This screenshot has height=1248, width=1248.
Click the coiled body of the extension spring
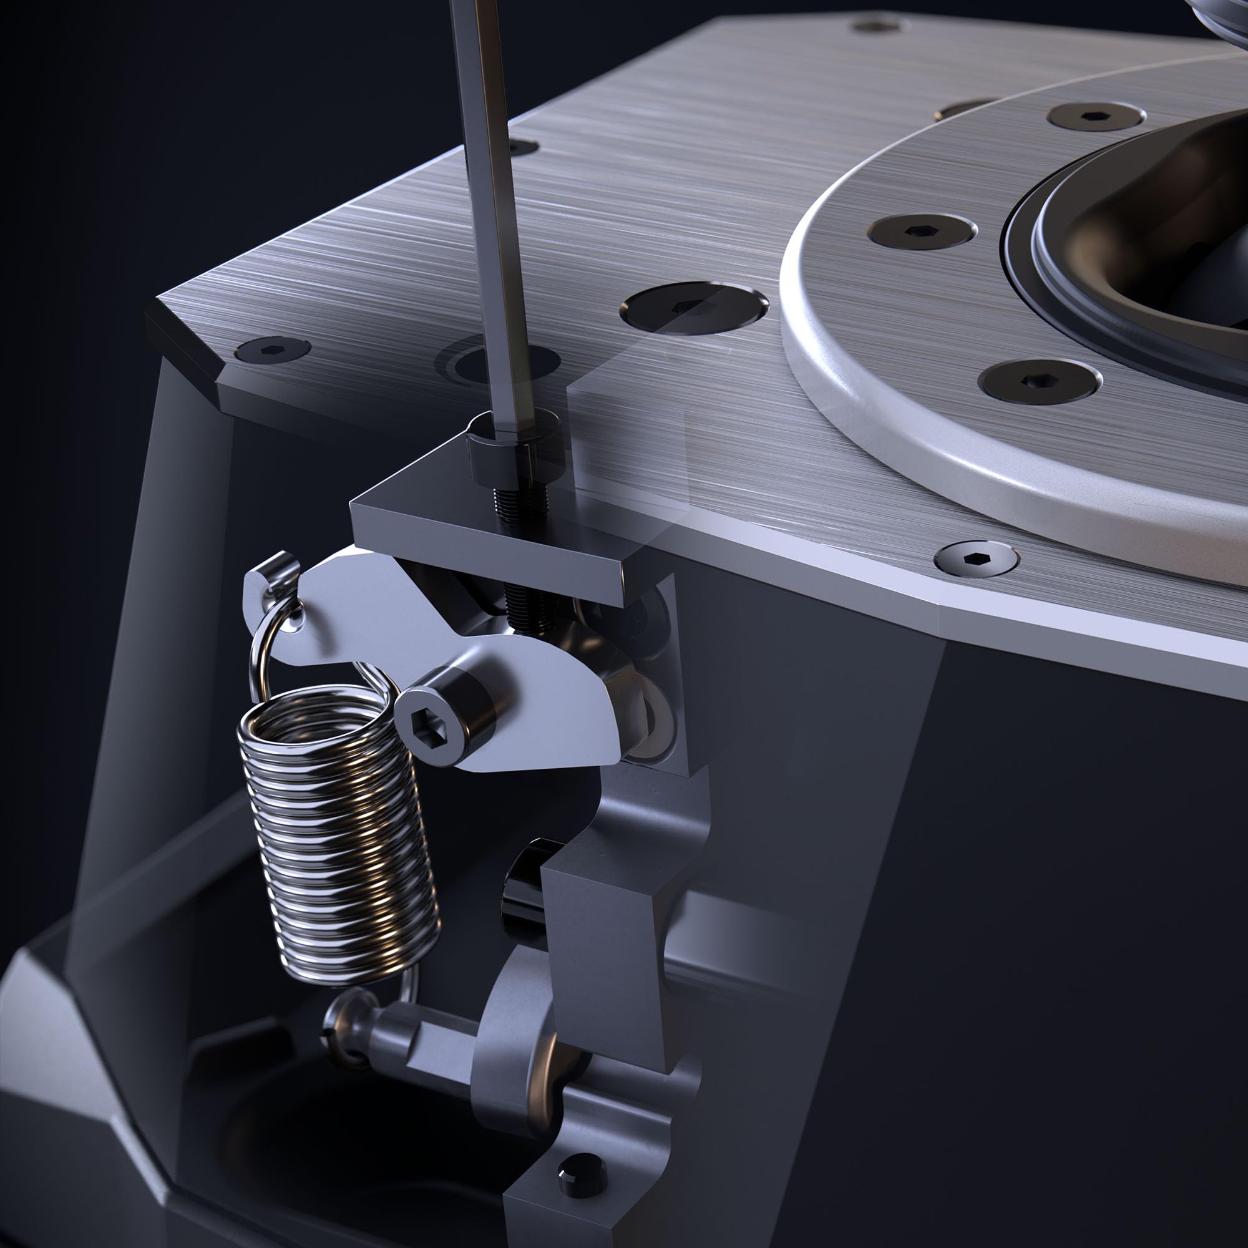(336, 833)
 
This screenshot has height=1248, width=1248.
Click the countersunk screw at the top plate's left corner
(272, 349)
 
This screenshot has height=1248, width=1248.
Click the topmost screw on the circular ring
(1096, 116)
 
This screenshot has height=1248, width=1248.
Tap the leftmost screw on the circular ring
(921, 231)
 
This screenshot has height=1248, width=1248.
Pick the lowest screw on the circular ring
(1039, 379)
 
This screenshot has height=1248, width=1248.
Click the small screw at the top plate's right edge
(976, 556)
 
